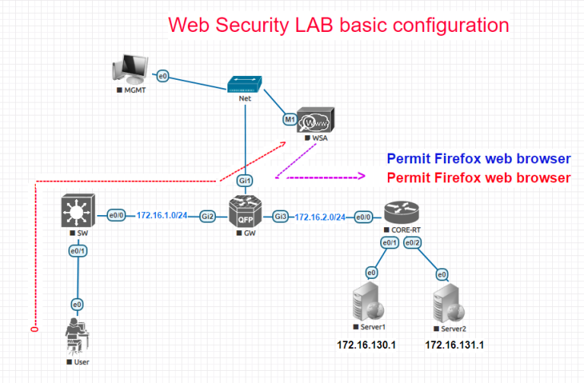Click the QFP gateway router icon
point(244,213)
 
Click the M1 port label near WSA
point(289,119)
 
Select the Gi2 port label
point(207,217)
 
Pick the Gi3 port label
point(281,217)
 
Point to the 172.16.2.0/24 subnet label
point(321,217)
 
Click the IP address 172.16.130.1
point(367,345)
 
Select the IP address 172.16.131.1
point(455,345)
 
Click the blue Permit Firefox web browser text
point(478,159)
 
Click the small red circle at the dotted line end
point(34,329)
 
